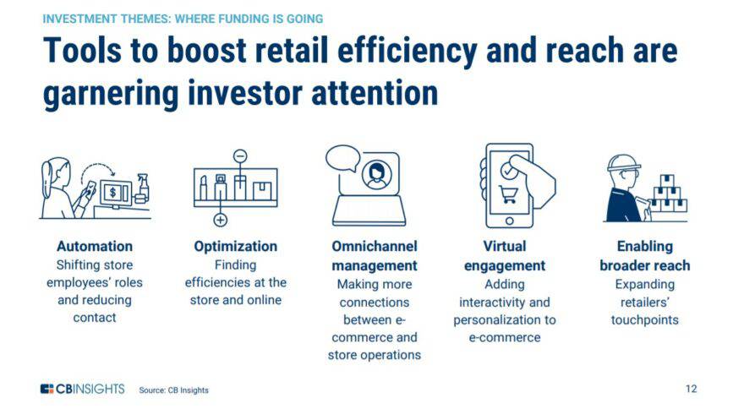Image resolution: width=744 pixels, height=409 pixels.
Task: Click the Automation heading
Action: coord(94,247)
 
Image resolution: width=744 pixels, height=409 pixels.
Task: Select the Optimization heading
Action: coord(235,247)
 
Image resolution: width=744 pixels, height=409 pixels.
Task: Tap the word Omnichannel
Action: coord(374,247)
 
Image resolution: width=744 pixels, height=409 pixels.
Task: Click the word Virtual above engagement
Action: coord(504,247)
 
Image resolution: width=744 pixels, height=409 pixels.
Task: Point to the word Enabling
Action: coord(644,247)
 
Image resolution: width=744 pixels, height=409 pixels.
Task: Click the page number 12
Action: coord(691,389)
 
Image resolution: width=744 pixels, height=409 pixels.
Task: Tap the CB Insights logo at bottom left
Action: coord(82,389)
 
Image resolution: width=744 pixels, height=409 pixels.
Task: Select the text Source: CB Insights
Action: coord(173,390)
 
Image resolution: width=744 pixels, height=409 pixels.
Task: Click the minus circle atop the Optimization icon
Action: coord(239,156)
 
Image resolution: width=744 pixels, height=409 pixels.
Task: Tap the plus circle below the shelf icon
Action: coord(221,220)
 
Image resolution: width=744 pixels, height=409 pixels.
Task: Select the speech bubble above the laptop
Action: coord(342,158)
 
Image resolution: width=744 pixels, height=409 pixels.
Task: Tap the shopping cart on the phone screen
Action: coord(508,195)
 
